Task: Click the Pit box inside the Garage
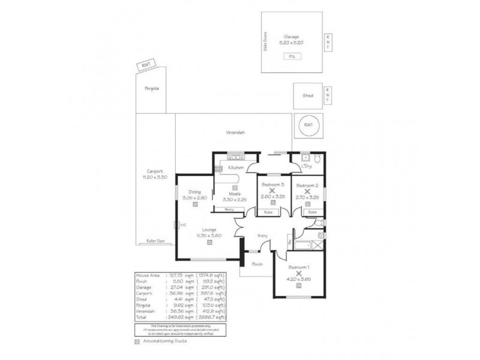tap(292, 56)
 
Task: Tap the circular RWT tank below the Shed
tap(308, 125)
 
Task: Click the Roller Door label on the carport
tap(155, 241)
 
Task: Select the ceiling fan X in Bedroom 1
tap(299, 273)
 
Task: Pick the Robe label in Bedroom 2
tap(312, 212)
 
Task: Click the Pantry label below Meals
tap(229, 209)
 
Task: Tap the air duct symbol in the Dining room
tap(196, 204)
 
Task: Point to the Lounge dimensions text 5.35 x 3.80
tap(209, 235)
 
